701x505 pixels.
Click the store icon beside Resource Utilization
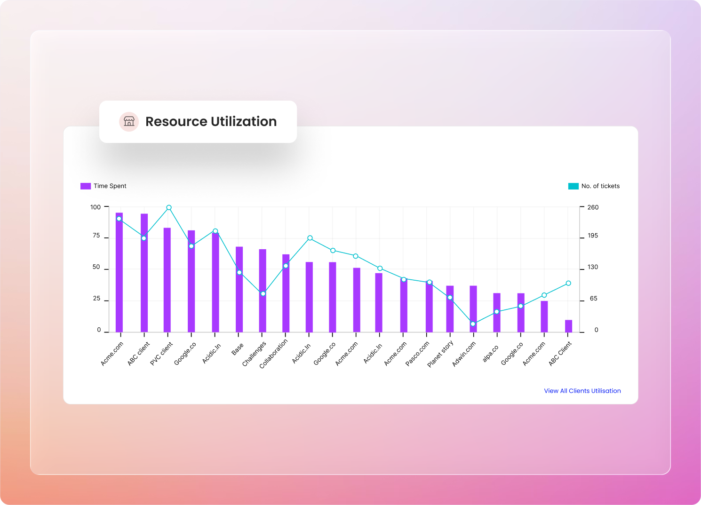click(x=128, y=122)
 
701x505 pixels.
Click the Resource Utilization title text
click(x=211, y=122)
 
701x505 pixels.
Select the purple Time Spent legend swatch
click(x=86, y=186)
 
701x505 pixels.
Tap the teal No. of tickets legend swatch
click(x=573, y=186)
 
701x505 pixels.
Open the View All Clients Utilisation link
click(x=582, y=391)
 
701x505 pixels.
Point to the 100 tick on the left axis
click(x=96, y=207)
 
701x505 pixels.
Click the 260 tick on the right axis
click(x=593, y=207)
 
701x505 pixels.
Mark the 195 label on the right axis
click(x=593, y=236)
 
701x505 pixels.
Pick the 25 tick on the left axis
click(x=96, y=299)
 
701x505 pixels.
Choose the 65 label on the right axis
click(x=593, y=299)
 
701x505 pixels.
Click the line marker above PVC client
click(x=169, y=207)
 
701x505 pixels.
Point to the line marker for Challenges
click(x=263, y=294)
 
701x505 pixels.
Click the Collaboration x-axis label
click(x=274, y=354)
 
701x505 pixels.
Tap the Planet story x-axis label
click(x=441, y=354)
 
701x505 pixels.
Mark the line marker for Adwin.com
click(x=473, y=324)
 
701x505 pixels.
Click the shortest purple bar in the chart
click(x=568, y=326)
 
